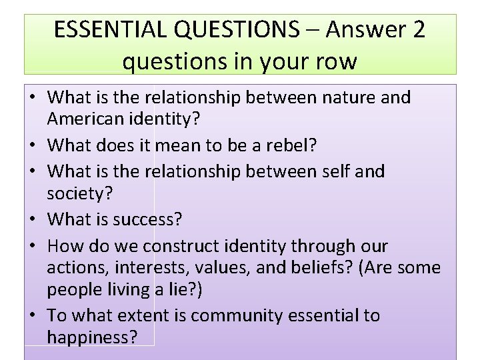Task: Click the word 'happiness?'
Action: (x=93, y=338)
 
